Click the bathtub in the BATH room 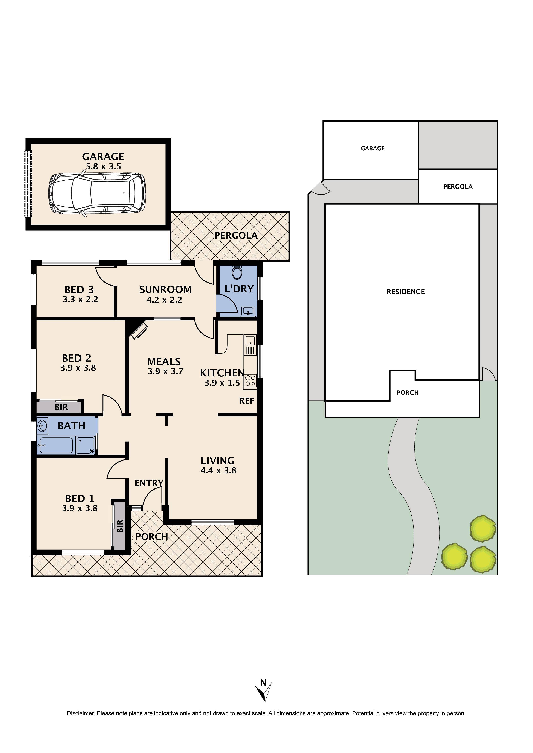[x=55, y=445]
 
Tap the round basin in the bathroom [x=42, y=426]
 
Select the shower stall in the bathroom [x=85, y=445]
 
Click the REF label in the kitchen [x=246, y=401]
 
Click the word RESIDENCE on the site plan [x=406, y=292]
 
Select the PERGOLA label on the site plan [x=458, y=187]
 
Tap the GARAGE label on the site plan [x=373, y=148]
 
